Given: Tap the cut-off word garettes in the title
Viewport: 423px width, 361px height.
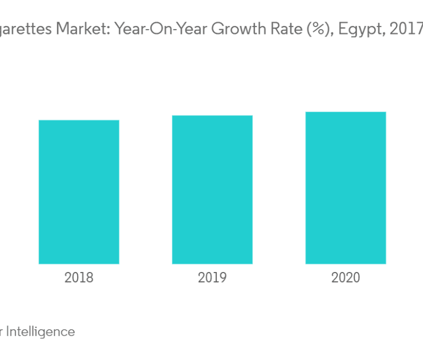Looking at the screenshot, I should pyautogui.click(x=29, y=30).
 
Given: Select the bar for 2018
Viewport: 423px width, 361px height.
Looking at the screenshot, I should pyautogui.click(x=79, y=192).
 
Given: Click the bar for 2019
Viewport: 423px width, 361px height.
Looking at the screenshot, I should pyautogui.click(x=212, y=189).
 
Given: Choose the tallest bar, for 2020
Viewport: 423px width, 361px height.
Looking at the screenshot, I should pyautogui.click(x=345, y=187).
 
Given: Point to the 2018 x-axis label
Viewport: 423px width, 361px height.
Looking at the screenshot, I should pyautogui.click(x=79, y=277).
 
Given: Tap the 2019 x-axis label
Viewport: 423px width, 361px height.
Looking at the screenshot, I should pyautogui.click(x=212, y=277).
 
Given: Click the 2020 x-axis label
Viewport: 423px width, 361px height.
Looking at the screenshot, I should pyautogui.click(x=345, y=277).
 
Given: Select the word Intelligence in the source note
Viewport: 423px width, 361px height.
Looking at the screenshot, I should pyautogui.click(x=41, y=332).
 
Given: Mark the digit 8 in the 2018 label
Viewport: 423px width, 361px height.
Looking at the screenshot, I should pyautogui.click(x=89, y=277).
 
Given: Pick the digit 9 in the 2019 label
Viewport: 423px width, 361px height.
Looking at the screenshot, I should pyautogui.click(x=223, y=277).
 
